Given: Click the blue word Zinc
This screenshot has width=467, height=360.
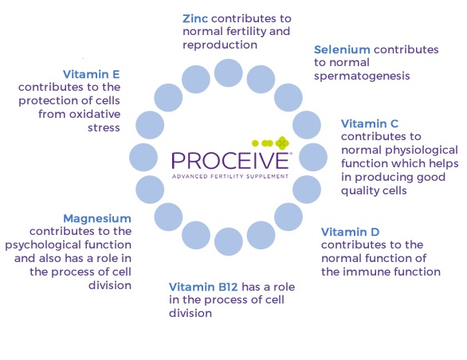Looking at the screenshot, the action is tap(195, 18).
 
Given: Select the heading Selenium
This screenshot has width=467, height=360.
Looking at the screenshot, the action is tap(342, 49).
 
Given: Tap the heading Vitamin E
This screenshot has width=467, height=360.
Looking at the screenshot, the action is tap(92, 74).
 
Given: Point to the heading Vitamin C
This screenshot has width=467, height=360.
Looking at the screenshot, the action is tap(370, 123).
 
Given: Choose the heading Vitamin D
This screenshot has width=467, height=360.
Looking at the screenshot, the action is tap(351, 232).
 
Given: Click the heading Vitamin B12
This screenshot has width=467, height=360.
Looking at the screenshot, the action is tap(203, 287).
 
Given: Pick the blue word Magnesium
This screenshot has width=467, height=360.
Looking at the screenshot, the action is tap(97, 218).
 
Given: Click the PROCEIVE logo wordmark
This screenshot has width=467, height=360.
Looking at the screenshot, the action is tap(230, 161).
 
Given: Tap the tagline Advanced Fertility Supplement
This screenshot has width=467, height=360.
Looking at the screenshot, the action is tap(230, 176).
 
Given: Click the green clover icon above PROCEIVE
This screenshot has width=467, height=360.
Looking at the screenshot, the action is tap(282, 143).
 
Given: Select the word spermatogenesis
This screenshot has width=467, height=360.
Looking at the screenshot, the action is tap(362, 76).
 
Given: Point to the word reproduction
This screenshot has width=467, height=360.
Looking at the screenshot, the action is tap(220, 45).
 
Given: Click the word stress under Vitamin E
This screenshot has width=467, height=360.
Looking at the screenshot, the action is tap(104, 127).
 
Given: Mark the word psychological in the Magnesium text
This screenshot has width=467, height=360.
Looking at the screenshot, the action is tap(44, 245).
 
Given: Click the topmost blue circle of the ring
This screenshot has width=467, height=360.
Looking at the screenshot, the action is tap(229, 73).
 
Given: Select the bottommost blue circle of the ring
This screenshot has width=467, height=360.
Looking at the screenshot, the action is tap(229, 241).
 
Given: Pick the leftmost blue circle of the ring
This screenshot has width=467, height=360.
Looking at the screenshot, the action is tap(143, 157).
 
